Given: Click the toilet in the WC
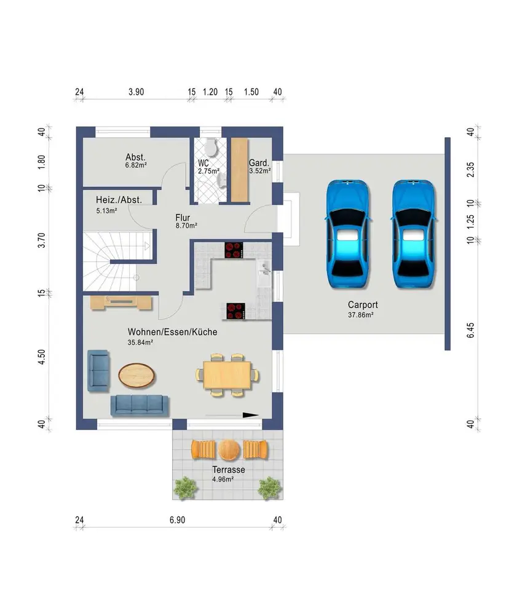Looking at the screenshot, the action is pyautogui.click(x=211, y=147).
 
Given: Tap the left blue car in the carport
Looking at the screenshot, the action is pyautogui.click(x=348, y=234).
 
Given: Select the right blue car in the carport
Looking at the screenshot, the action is pyautogui.click(x=414, y=234).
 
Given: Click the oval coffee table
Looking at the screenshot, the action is pyautogui.click(x=136, y=375).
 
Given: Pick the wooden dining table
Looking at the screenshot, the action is pyautogui.click(x=227, y=375).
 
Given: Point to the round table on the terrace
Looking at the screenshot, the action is pyautogui.click(x=229, y=450).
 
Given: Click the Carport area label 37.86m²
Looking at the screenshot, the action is pyautogui.click(x=361, y=314).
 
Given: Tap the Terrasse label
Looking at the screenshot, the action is pyautogui.click(x=229, y=469).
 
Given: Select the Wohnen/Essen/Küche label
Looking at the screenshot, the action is pyautogui.click(x=173, y=332).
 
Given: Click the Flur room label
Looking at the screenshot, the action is pyautogui.click(x=183, y=217).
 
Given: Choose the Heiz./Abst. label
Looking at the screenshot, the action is pyautogui.click(x=119, y=200).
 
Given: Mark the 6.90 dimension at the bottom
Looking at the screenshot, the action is pyautogui.click(x=177, y=520).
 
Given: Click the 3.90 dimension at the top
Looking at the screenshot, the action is pyautogui.click(x=136, y=92).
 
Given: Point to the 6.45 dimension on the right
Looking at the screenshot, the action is pyautogui.click(x=470, y=330).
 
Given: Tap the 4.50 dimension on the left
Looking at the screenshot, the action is pyautogui.click(x=42, y=357).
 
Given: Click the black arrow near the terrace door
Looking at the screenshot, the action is pyautogui.click(x=232, y=415).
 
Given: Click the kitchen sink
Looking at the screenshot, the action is pyautogui.click(x=264, y=268).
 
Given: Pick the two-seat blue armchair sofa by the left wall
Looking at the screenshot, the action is pyautogui.click(x=98, y=371).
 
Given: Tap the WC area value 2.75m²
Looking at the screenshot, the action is pyautogui.click(x=208, y=172).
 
